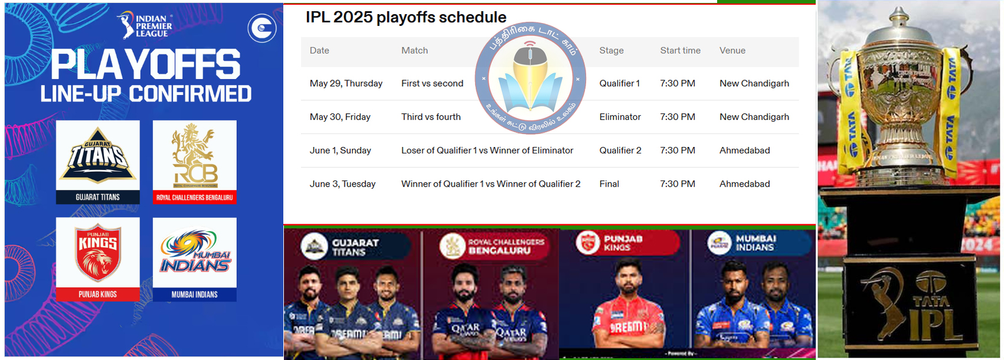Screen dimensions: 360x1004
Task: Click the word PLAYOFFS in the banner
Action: click(x=146, y=65)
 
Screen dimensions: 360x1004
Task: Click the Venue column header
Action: click(x=732, y=51)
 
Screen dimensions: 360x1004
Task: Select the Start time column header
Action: click(x=680, y=51)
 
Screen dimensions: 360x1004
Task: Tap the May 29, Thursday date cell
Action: click(x=346, y=84)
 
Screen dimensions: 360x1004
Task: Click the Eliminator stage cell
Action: click(x=620, y=117)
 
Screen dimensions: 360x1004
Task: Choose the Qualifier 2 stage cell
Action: click(x=620, y=150)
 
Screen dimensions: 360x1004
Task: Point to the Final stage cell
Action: click(x=609, y=184)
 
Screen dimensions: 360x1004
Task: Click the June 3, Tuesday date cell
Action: click(x=342, y=184)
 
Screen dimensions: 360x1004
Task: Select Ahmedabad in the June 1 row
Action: click(x=744, y=150)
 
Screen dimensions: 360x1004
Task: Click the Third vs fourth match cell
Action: click(x=431, y=117)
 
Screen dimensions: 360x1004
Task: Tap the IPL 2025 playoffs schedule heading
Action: click(x=405, y=17)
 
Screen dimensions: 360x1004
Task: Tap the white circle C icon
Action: click(x=262, y=28)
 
